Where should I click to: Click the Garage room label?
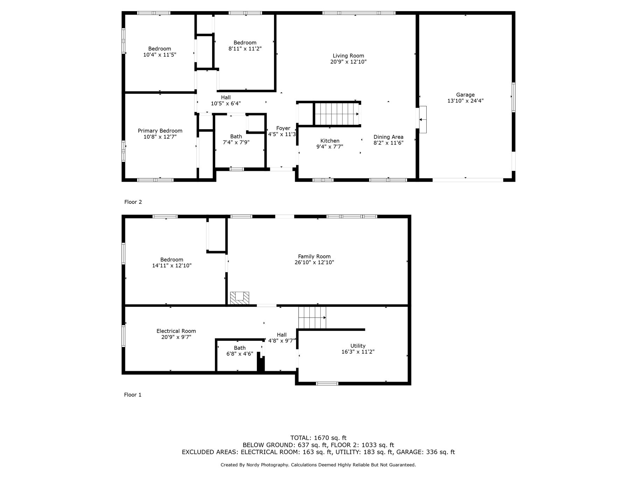tap(465, 95)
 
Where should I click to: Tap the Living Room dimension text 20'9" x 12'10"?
tap(348, 62)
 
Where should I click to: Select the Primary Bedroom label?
tap(160, 131)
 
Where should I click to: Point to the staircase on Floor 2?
tap(337, 113)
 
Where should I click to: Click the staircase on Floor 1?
tap(312, 317)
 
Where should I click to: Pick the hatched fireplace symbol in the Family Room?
tap(239, 298)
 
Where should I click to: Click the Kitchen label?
tap(330, 141)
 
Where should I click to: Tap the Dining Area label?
tap(388, 137)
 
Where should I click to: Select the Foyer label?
tap(283, 128)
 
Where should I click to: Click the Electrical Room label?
tap(176, 331)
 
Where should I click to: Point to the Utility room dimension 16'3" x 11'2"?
tap(358, 352)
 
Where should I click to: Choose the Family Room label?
tap(314, 256)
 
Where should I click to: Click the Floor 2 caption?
tap(133, 202)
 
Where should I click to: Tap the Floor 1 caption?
tap(133, 395)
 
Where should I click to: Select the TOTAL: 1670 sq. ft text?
tap(318, 438)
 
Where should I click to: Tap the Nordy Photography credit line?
tap(318, 465)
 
